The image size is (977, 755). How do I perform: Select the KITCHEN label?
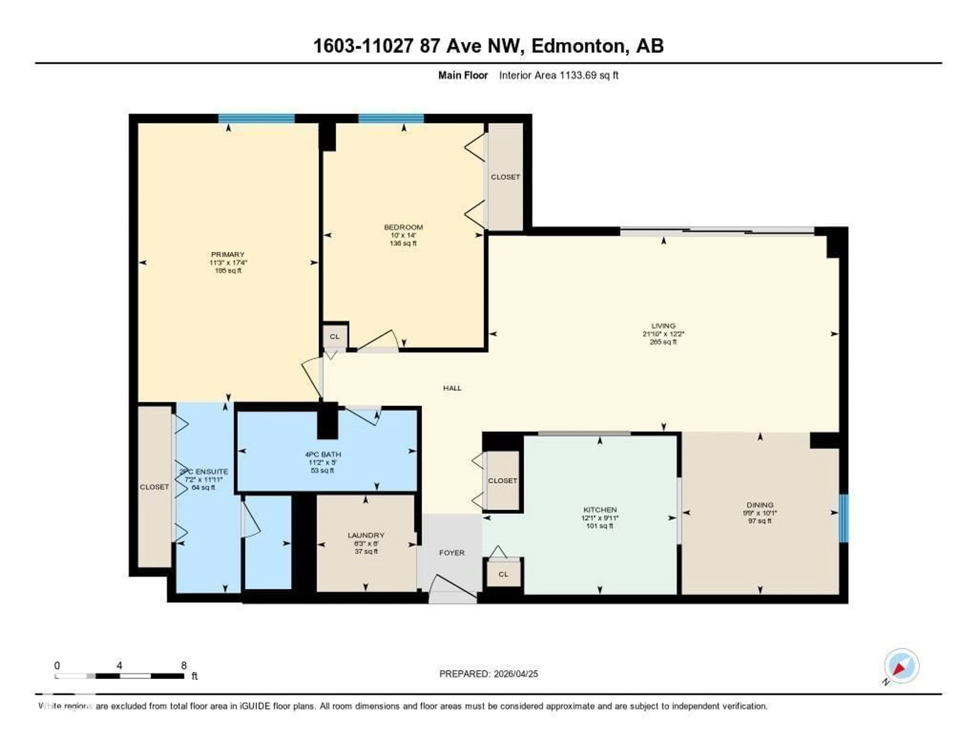click(x=600, y=509)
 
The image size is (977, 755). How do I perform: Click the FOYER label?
click(x=452, y=553)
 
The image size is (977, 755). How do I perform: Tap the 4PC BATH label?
click(x=323, y=454)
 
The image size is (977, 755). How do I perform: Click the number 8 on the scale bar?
click(x=184, y=665)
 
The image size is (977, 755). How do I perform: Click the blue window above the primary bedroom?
click(x=256, y=119)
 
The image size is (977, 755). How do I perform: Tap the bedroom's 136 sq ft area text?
click(x=403, y=243)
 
